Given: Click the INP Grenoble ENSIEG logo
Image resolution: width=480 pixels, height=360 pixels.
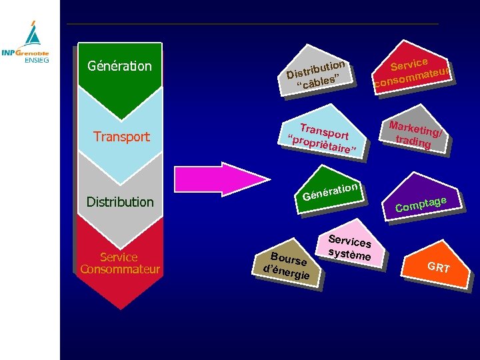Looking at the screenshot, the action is coord(29,43).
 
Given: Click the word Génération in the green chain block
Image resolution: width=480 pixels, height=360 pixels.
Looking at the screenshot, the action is coord(119,66).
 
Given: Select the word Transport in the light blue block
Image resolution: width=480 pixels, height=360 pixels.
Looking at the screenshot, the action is coord(121,137).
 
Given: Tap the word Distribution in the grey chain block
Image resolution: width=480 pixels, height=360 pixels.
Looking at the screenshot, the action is coord(120,201).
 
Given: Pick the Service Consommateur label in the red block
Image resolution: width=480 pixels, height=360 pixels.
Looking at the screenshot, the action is coord(119,263).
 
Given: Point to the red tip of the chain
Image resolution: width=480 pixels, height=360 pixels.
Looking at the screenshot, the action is coord(119,300).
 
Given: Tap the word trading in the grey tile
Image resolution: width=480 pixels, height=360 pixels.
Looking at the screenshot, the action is coord(413,141).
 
